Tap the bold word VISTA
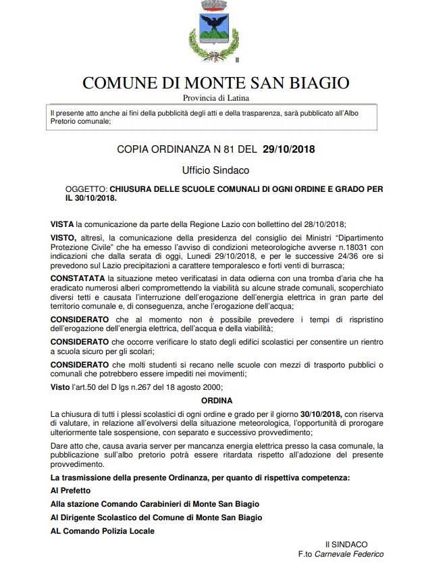coord(63,223)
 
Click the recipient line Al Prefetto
coord(72,491)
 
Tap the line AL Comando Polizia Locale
coord(103,531)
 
